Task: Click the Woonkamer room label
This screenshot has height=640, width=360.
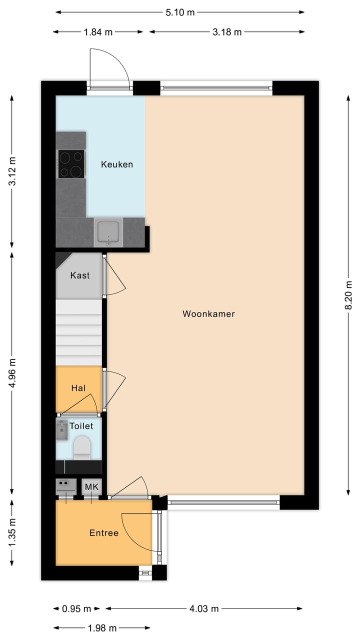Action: point(208,314)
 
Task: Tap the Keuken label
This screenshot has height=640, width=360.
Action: point(117,164)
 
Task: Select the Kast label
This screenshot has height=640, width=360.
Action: point(80,275)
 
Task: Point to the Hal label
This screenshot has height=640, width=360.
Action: point(78,387)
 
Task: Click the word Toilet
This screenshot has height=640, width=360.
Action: point(81,426)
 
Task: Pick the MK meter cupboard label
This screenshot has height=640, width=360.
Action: point(92,486)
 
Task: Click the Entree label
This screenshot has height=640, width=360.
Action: point(104,533)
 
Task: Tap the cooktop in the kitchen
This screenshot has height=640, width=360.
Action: point(70,164)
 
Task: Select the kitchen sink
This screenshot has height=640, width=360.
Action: point(108,232)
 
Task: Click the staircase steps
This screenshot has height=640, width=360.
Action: point(79,332)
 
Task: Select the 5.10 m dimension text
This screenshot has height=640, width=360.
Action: point(180,12)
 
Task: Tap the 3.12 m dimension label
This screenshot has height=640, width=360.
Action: point(12,171)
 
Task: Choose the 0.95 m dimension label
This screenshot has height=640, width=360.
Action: point(77,608)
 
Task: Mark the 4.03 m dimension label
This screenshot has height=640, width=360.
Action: point(204,608)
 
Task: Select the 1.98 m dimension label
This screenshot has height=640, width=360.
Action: point(101,628)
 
